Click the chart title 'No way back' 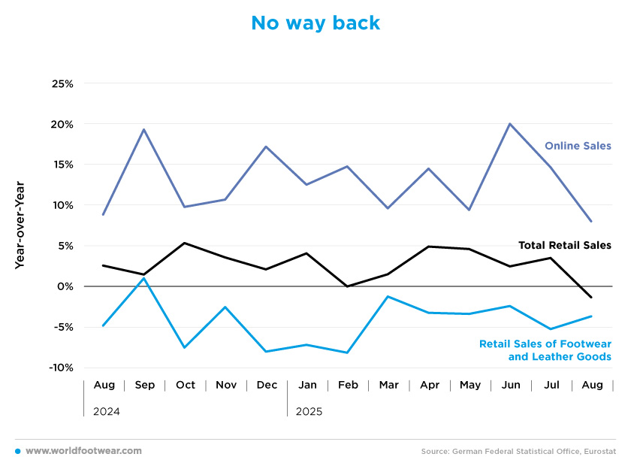click(315, 23)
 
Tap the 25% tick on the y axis click(62, 83)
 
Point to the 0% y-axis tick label click(66, 286)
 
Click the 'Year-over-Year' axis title click(20, 225)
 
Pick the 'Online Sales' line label click(578, 146)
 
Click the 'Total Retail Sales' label click(564, 245)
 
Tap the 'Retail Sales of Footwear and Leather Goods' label click(545, 350)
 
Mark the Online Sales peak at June click(510, 123)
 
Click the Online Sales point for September click(144, 129)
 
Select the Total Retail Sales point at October click(185, 243)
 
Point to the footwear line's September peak click(144, 278)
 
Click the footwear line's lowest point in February click(347, 353)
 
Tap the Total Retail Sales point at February click(347, 286)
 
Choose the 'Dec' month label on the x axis click(267, 385)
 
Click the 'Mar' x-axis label click(388, 385)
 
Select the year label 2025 click(309, 412)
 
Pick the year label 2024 click(106, 412)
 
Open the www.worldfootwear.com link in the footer click(83, 451)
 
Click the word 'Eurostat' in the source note click(598, 451)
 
